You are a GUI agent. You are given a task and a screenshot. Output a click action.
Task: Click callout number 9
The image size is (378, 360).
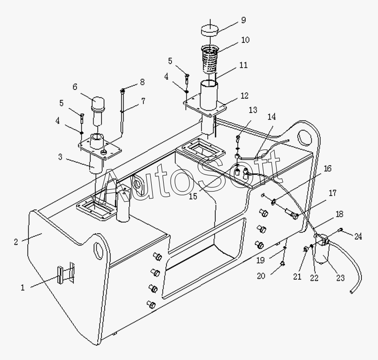[243, 20]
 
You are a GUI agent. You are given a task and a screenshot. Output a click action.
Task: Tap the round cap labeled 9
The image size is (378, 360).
[210, 30]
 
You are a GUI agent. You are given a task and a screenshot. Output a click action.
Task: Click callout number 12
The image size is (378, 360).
[244, 96]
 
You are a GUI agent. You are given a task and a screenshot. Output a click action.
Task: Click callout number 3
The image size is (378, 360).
[60, 157]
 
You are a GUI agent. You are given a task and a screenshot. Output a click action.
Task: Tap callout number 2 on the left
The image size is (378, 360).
[16, 242]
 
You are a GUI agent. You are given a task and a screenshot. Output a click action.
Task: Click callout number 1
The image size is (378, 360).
[23, 288]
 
